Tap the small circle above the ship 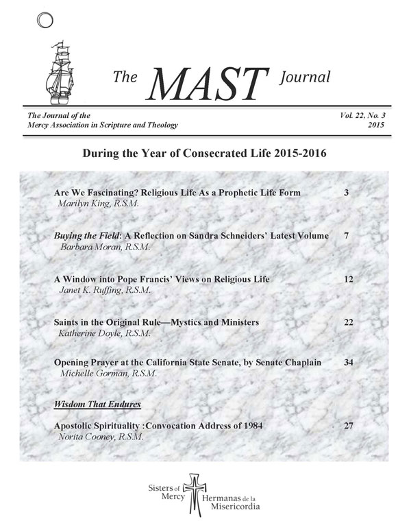point(42,21)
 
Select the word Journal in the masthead point(306,78)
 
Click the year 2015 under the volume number point(375,128)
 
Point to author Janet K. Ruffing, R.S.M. point(103,291)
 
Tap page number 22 point(347,322)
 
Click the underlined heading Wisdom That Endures point(92,405)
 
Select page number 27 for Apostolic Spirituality point(347,426)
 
